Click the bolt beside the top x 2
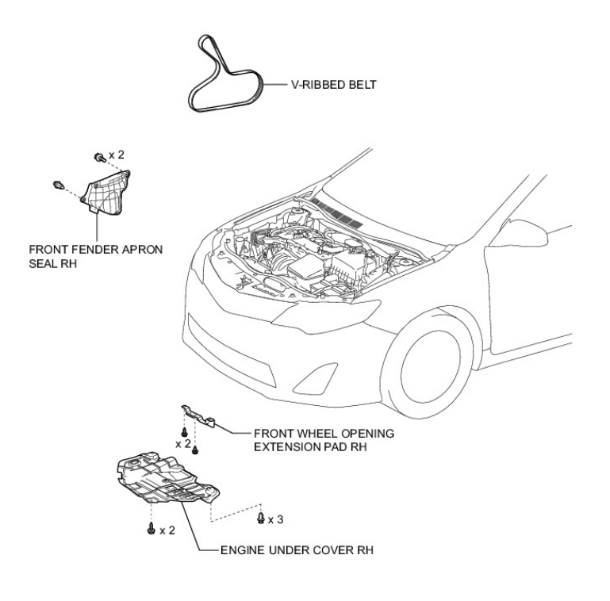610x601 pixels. point(100,156)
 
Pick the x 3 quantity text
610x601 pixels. point(275,519)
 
